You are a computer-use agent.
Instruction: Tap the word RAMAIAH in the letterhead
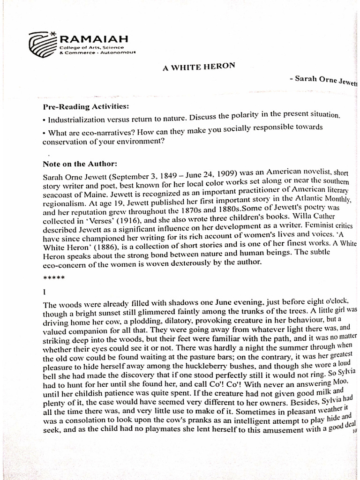pos(91,38)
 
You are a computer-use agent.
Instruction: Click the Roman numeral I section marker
pos(44,292)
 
